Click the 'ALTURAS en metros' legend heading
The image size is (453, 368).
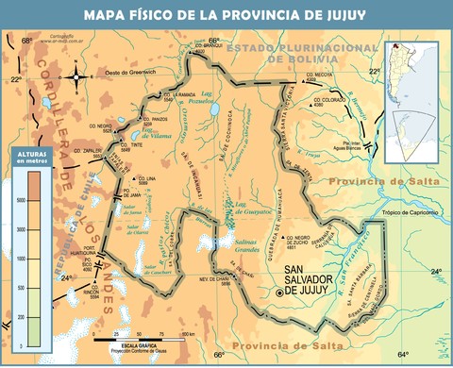(x=30, y=157)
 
